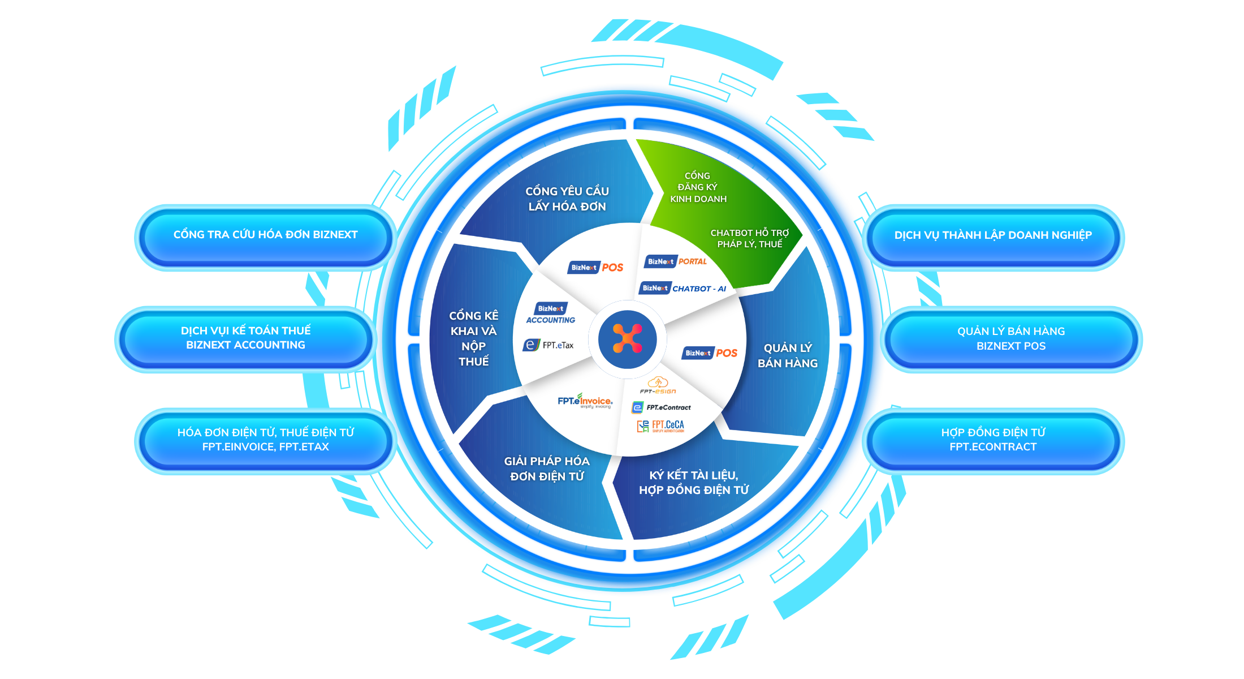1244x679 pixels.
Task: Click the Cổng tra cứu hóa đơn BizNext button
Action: point(265,235)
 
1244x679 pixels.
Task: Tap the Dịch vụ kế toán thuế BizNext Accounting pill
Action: point(245,338)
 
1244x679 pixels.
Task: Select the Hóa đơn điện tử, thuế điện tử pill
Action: point(265,440)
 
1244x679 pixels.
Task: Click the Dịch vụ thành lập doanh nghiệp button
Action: point(993,235)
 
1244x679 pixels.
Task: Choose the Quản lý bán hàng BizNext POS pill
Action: point(1011,338)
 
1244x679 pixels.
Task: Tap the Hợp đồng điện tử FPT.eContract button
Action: point(993,440)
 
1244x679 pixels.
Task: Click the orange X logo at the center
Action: point(627,338)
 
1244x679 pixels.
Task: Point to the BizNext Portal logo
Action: point(676,261)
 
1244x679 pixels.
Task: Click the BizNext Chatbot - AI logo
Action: point(683,289)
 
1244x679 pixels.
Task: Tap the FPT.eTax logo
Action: point(548,345)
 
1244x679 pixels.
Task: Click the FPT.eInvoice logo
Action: point(585,401)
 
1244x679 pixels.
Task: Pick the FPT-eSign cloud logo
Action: point(658,385)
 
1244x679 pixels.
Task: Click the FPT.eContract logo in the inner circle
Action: point(661,407)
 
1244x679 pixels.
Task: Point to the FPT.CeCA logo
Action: point(660,426)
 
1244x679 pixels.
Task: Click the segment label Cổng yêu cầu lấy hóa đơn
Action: point(567,199)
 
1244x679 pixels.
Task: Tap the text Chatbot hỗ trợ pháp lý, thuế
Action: point(749,238)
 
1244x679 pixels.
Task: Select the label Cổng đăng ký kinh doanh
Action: point(698,187)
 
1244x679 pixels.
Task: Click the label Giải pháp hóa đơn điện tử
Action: point(547,469)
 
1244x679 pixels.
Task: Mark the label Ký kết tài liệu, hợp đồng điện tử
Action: point(694,483)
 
